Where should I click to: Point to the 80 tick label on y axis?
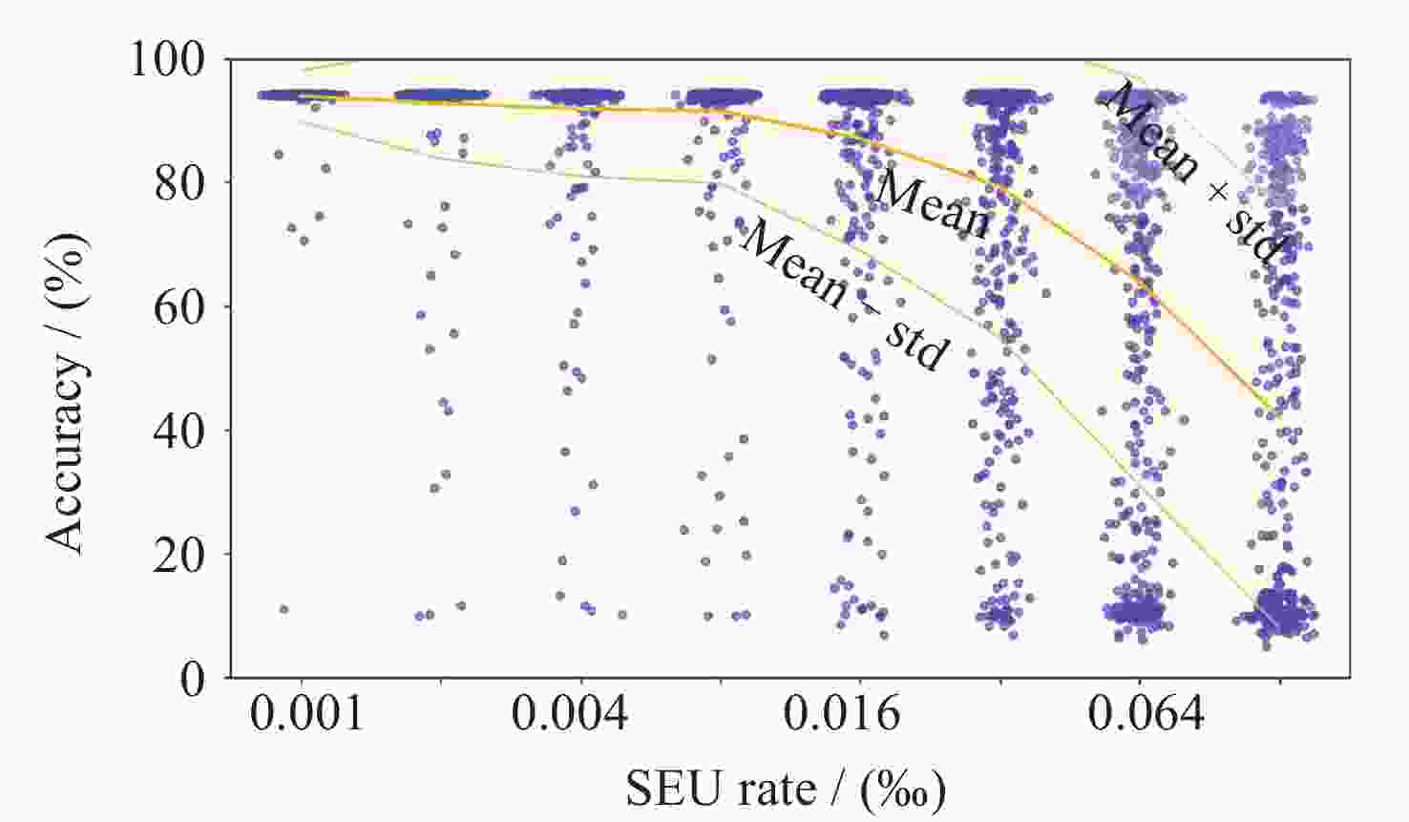click(179, 182)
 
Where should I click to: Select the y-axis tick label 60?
click(179, 306)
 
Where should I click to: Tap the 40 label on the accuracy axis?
click(179, 431)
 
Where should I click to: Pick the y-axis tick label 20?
click(179, 555)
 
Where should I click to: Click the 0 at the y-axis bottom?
click(193, 679)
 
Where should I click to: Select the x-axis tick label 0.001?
click(306, 714)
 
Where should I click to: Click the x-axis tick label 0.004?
click(569, 714)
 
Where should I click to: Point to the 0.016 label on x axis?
click(841, 714)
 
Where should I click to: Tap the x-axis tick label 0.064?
click(1146, 714)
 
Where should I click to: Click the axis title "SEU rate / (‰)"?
click(786, 790)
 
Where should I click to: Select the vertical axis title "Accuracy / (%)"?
click(67, 391)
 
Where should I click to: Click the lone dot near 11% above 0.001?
click(284, 609)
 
